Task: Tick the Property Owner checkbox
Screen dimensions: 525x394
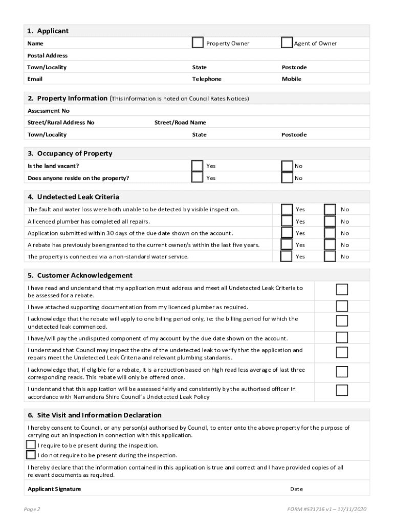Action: [198, 43]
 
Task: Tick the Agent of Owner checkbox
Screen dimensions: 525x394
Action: [287, 43]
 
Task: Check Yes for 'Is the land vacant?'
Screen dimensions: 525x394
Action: [197, 165]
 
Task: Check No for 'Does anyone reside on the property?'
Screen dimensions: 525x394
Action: [287, 177]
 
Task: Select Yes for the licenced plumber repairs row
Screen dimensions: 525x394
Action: [287, 221]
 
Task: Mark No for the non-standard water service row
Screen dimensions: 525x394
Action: [330, 256]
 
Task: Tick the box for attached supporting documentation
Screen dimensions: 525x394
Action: [342, 306]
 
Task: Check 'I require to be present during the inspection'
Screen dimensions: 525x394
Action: [31, 445]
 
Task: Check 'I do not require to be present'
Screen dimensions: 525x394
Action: [31, 454]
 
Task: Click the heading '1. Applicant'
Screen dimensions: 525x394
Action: [48, 31]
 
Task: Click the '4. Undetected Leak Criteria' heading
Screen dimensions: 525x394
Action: [74, 197]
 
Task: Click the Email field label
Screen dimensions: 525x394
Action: [35, 79]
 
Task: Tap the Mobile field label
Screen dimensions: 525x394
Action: [292, 79]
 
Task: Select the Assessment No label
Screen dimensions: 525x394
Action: [49, 111]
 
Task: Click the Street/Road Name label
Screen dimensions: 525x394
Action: [180, 123]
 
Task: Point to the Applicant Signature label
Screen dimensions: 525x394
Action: [54, 489]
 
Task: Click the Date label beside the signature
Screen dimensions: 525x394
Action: [296, 489]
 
